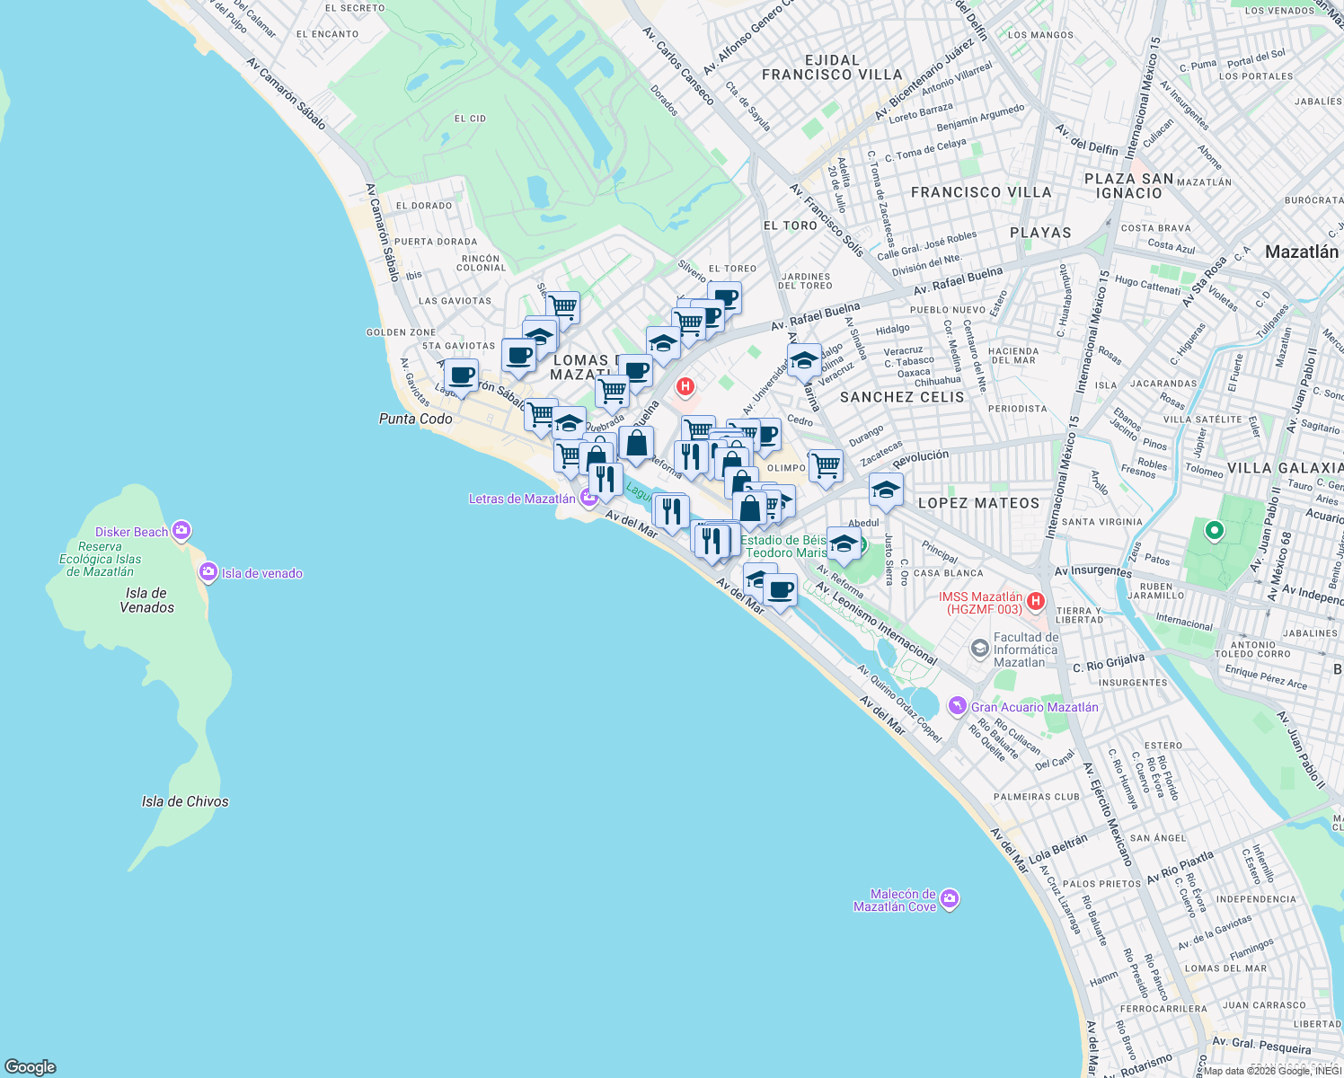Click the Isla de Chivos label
point(185,801)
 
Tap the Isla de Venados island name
point(146,600)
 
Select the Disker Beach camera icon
point(181,531)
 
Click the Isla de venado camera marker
point(208,572)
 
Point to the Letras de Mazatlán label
point(522,499)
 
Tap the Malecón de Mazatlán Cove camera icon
point(951,898)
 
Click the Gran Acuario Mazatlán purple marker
point(959,706)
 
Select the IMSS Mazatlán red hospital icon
point(1036,600)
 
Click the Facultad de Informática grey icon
point(980,647)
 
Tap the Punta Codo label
point(416,419)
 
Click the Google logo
point(31,1066)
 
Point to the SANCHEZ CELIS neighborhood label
point(902,397)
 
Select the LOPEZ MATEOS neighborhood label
point(978,503)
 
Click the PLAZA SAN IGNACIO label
point(1129,186)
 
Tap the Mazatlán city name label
point(1302,252)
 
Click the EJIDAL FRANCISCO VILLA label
point(832,67)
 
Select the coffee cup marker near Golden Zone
point(461,376)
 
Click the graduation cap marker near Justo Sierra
point(886,490)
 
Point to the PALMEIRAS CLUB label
point(1037,797)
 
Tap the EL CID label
point(470,119)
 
